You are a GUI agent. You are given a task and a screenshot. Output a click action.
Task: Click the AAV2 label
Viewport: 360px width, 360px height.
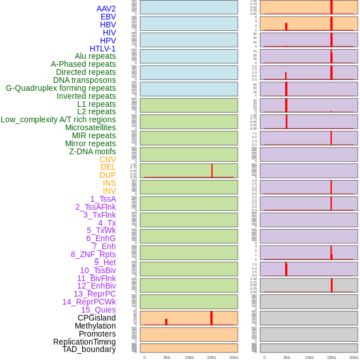click(106, 9)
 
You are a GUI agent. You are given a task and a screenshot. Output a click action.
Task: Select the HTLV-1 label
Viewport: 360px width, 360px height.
click(102, 49)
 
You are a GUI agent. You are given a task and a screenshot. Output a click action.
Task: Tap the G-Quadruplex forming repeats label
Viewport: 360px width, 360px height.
click(61, 88)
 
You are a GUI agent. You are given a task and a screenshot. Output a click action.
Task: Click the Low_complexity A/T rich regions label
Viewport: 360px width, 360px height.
click(58, 119)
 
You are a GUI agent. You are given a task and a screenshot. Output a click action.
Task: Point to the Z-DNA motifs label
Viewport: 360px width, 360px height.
click(92, 151)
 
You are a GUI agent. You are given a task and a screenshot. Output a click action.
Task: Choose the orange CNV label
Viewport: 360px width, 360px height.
click(107, 159)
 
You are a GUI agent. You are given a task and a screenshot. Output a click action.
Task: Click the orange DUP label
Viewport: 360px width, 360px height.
click(107, 175)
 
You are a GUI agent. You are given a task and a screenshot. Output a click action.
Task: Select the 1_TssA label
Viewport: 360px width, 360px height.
click(103, 199)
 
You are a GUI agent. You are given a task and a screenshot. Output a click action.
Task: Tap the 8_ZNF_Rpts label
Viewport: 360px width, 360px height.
click(93, 254)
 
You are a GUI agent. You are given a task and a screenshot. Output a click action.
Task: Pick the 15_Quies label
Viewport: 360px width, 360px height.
click(98, 310)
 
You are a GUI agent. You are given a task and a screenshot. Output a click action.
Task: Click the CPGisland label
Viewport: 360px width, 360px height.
click(97, 318)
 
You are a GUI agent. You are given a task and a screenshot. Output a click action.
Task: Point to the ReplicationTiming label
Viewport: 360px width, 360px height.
click(85, 342)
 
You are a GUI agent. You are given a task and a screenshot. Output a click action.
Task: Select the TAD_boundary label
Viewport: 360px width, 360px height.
click(89, 349)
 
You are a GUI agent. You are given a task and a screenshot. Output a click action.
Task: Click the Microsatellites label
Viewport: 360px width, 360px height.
click(90, 127)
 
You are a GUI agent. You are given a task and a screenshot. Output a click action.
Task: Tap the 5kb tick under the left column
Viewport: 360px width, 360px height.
click(167, 357)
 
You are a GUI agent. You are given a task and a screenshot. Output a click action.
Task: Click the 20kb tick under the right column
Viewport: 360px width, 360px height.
click(353, 357)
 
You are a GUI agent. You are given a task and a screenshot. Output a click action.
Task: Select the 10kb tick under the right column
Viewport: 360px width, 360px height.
click(309, 357)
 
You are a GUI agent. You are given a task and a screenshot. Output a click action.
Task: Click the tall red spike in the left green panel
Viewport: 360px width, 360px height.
click(212, 170)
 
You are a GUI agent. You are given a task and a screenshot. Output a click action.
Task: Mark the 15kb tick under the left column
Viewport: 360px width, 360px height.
click(211, 357)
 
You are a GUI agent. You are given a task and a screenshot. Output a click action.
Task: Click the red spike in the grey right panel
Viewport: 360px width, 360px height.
click(331, 285)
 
